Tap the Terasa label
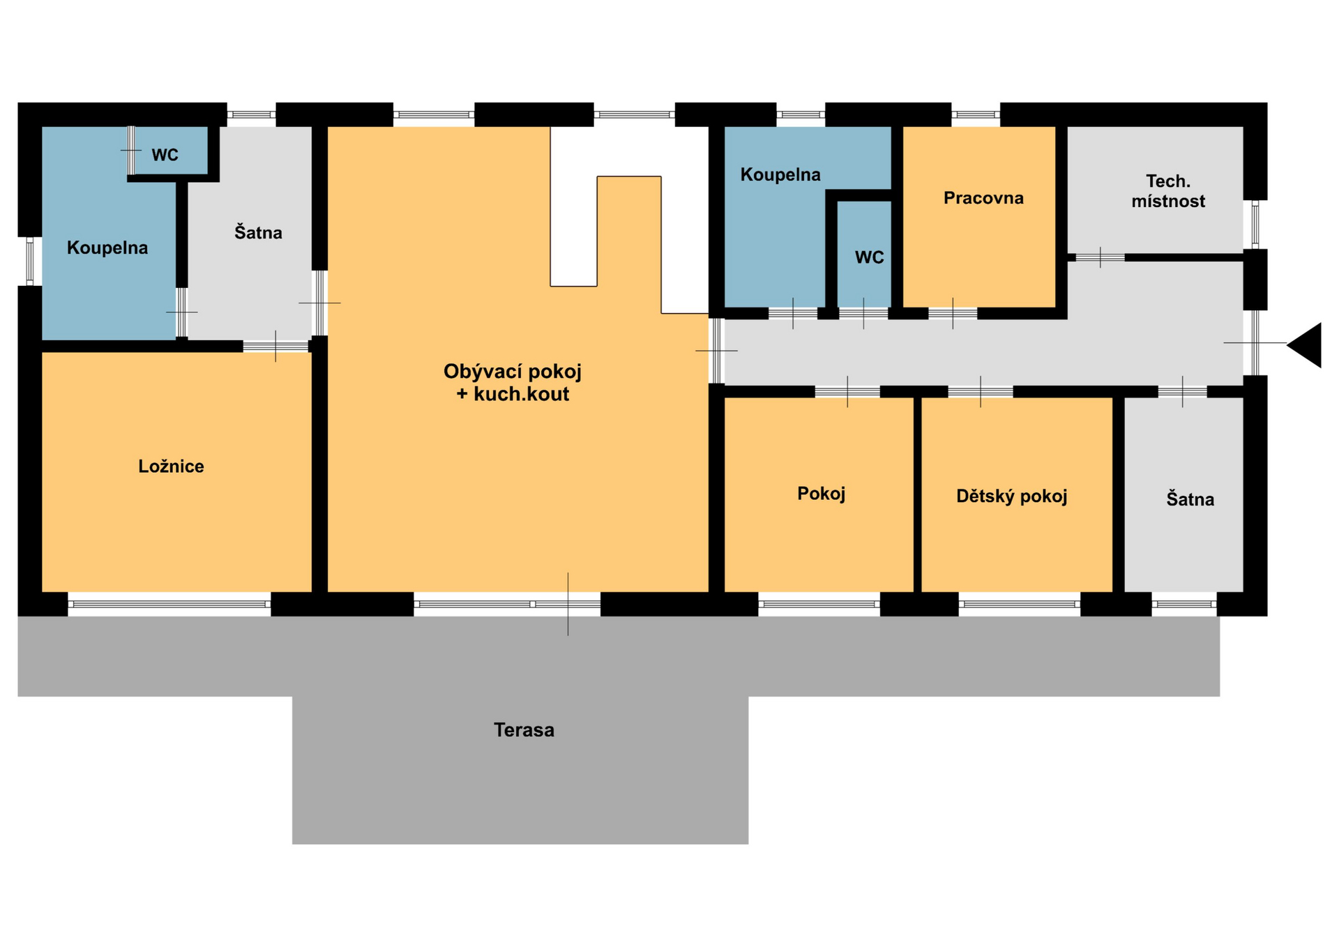click(x=524, y=730)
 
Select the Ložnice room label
click(x=171, y=466)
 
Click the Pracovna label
click(x=983, y=198)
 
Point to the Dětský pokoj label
click(x=1011, y=496)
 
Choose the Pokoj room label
click(x=821, y=494)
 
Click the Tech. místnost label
click(x=1168, y=191)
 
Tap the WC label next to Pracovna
click(x=869, y=257)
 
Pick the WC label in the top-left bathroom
click(x=165, y=155)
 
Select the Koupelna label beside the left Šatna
click(x=107, y=248)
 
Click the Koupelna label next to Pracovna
click(x=780, y=174)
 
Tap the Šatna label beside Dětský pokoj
click(x=1190, y=499)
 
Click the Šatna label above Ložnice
click(x=258, y=232)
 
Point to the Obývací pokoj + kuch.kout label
click(x=513, y=382)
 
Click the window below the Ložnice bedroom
click(x=169, y=605)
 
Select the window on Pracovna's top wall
click(x=976, y=114)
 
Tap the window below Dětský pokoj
click(x=1020, y=605)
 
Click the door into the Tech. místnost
click(x=1100, y=257)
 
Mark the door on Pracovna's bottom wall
click(x=953, y=314)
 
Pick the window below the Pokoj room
click(x=819, y=605)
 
